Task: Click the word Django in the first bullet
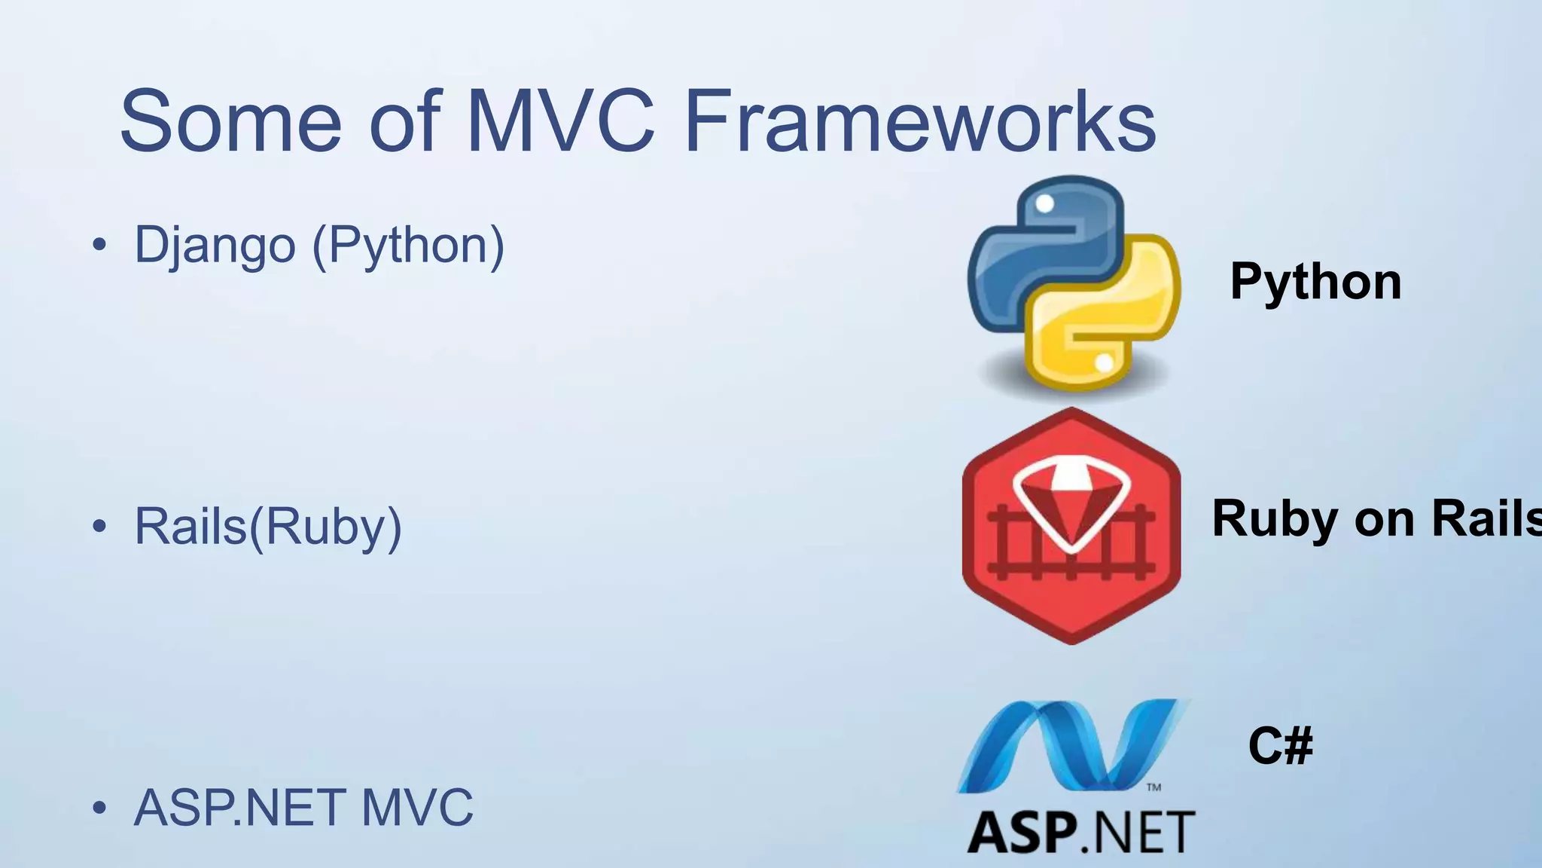215,246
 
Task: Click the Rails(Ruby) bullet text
267,527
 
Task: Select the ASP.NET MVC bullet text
303,808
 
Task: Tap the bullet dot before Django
99,246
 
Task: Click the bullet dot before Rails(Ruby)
99,527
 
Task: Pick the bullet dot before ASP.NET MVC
99,808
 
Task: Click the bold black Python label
1315,282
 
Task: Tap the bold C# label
1280,746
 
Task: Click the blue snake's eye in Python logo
1045,203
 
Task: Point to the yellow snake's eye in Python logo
1104,364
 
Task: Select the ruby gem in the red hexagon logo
1071,501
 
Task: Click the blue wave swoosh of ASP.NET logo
1069,746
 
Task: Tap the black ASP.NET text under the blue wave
1080,833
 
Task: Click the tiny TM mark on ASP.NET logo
1153,787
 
